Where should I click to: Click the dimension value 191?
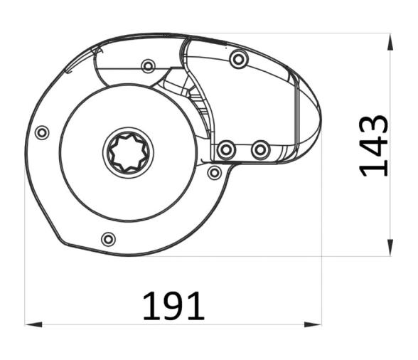[x=173, y=306]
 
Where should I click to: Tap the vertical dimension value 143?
[x=374, y=145]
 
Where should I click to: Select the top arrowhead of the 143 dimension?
[x=390, y=40]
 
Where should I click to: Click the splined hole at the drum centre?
[x=129, y=152]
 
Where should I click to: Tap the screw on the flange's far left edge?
[x=42, y=132]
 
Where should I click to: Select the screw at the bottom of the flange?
[x=108, y=239]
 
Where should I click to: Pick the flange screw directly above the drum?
[x=148, y=66]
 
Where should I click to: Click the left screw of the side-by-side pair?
[x=226, y=150]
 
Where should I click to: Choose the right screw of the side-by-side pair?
[x=261, y=150]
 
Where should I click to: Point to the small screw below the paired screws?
[x=214, y=172]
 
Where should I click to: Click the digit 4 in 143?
[x=374, y=146]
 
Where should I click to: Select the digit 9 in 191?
[x=174, y=306]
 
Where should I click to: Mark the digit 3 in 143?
[x=374, y=125]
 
